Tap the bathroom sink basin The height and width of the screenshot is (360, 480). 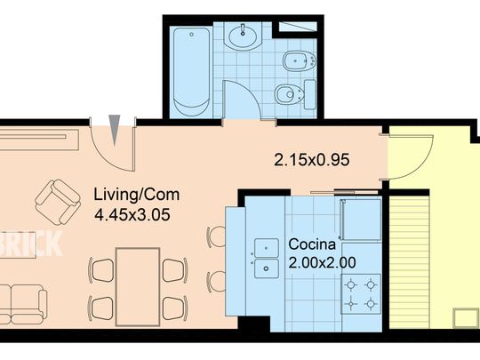[x=243, y=36]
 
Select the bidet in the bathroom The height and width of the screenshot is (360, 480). [x=299, y=61]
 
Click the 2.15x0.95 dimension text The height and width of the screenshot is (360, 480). [x=312, y=160]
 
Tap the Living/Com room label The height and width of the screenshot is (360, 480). [x=137, y=195]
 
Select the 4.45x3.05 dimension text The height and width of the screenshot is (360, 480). [x=132, y=214]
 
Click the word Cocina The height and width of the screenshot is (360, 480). [x=312, y=244]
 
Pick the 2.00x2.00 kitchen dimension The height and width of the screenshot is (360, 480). [x=322, y=262]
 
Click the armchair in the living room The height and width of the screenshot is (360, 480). [x=58, y=203]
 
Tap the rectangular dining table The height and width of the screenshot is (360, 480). [x=138, y=287]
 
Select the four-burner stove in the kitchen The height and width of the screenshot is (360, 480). [x=361, y=294]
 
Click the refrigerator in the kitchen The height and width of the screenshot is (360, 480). [x=361, y=220]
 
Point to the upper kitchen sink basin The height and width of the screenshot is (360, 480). [x=267, y=248]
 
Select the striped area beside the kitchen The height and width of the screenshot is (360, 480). [x=409, y=262]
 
